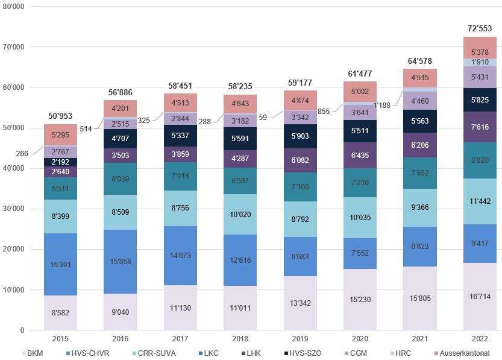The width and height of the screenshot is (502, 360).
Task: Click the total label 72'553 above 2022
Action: (480, 28)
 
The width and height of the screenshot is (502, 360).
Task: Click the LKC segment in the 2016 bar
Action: (120, 178)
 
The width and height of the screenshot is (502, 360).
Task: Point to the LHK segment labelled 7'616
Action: (480, 127)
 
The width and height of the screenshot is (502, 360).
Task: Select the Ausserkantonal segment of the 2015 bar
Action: (60, 135)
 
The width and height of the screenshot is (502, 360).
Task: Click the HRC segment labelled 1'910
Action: (480, 62)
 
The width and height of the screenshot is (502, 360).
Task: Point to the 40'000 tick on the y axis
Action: (14, 168)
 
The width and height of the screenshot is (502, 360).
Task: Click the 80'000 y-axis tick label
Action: (14, 7)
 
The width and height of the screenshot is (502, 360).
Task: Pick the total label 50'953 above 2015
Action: (60, 115)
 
